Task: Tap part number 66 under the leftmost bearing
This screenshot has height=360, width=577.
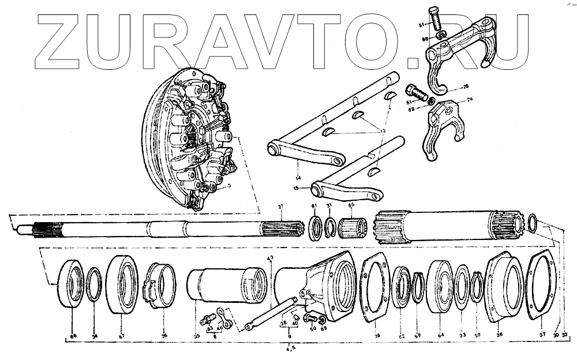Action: pyautogui.click(x=73, y=336)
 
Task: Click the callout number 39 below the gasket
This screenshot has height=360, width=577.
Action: pyautogui.click(x=377, y=336)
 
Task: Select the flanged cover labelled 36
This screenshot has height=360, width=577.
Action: pyautogui.click(x=504, y=287)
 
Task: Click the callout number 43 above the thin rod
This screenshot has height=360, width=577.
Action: pyautogui.click(x=269, y=257)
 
